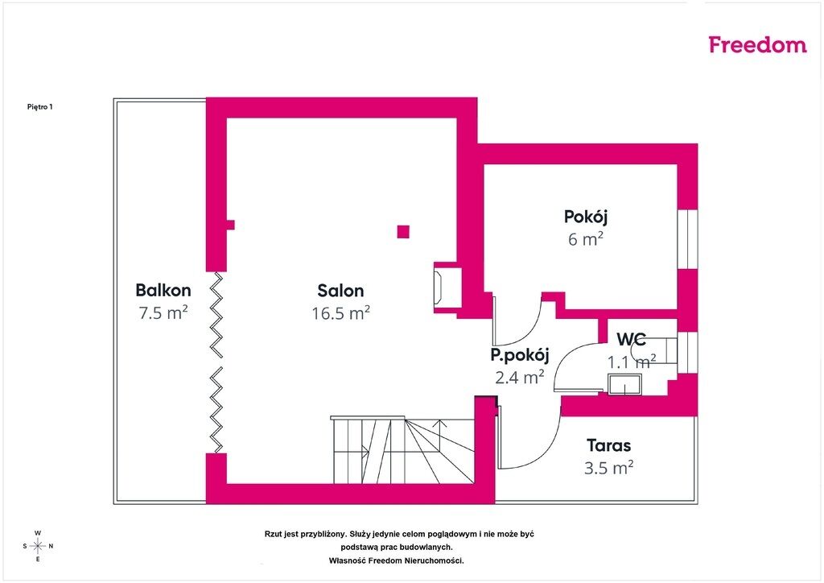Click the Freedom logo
(757, 44)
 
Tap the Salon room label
(340, 291)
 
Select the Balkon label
(163, 290)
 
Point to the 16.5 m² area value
(340, 313)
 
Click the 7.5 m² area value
(163, 312)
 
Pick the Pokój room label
(586, 217)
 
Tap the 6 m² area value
(586, 239)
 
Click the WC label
(631, 339)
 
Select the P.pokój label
(520, 355)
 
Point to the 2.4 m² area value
(520, 377)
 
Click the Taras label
(608, 445)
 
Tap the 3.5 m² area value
(608, 467)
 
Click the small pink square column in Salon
(403, 232)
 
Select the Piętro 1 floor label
(40, 107)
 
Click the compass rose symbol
(38, 546)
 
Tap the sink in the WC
(624, 384)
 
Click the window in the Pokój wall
(687, 238)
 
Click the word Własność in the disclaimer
(347, 561)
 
